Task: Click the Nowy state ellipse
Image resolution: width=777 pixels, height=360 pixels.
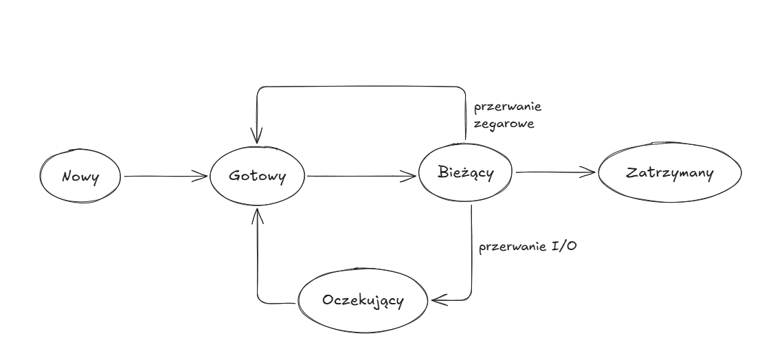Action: pos(80,177)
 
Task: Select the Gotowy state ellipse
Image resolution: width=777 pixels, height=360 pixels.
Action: pos(257,177)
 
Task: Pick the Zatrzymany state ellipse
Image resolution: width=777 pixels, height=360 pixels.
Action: pos(669,173)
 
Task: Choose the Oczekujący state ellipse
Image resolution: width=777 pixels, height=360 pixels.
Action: pos(363,302)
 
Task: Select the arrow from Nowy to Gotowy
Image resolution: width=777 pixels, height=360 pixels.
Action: pos(165,177)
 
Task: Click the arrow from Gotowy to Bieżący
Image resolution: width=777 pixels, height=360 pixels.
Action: pos(361,177)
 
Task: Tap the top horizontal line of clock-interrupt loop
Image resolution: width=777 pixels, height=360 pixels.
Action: pos(361,87)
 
